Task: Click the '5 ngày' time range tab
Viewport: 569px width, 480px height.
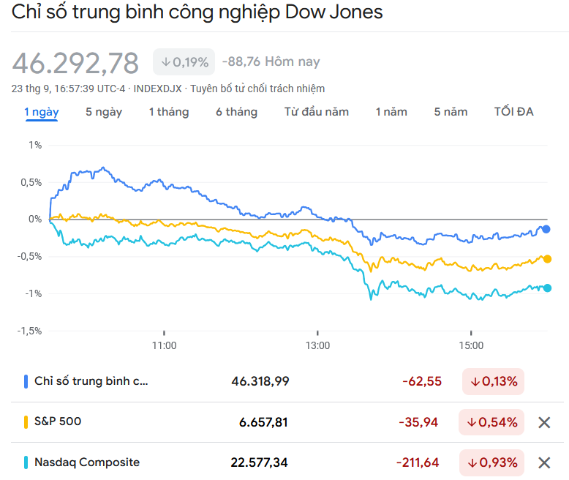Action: point(104,112)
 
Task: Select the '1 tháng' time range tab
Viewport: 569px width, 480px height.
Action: point(168,112)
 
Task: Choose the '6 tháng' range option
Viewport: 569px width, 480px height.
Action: point(236,112)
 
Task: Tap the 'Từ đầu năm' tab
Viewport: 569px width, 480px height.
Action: point(316,112)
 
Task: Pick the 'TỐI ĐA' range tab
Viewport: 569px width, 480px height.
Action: point(513,112)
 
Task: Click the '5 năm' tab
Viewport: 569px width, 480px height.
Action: point(451,112)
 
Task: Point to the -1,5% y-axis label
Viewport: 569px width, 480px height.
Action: point(30,331)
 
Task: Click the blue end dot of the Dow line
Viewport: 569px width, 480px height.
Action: point(546,229)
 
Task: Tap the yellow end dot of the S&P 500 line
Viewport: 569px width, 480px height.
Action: point(546,259)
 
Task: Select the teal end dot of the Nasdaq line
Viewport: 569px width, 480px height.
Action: point(546,288)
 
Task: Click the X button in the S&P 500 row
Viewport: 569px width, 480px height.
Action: point(543,422)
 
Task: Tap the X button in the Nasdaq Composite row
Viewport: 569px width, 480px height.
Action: point(543,462)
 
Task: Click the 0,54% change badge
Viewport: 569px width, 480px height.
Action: point(492,422)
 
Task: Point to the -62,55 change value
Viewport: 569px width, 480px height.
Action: point(421,381)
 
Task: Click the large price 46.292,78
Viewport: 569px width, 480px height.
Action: point(75,64)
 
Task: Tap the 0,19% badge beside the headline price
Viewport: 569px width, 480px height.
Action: point(184,62)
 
